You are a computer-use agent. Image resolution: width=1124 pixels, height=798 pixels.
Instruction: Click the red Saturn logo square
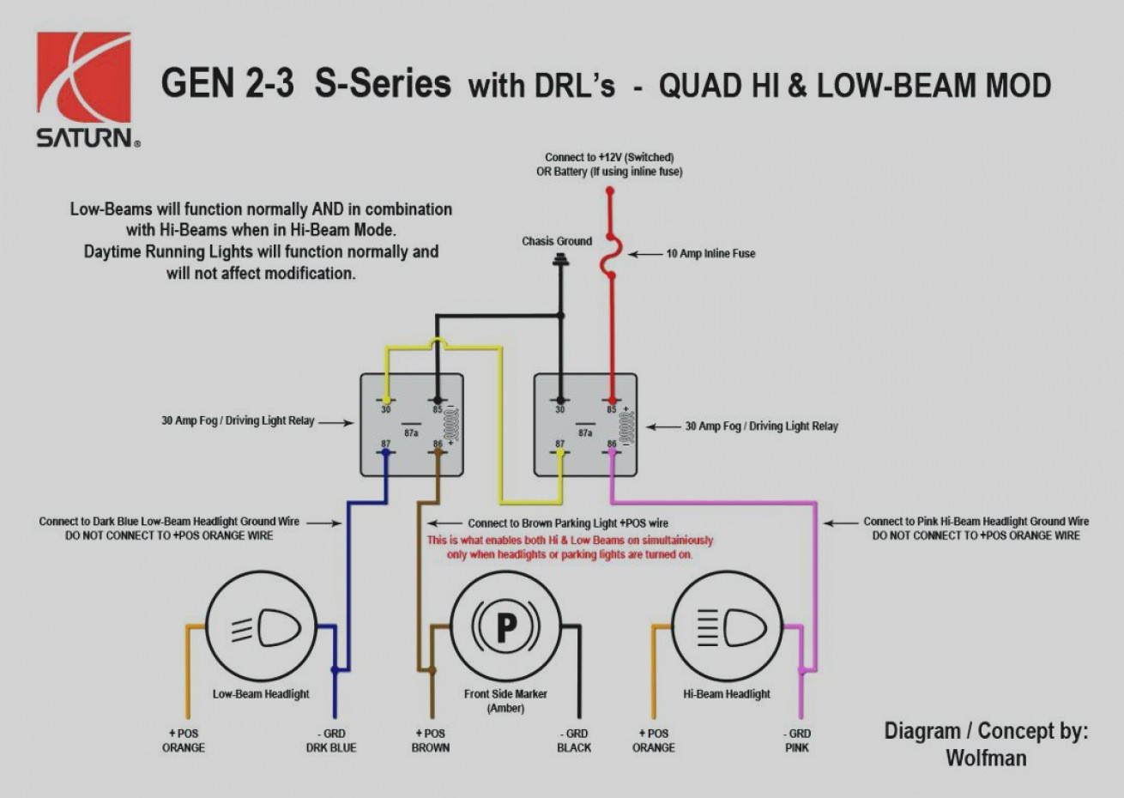[84, 78]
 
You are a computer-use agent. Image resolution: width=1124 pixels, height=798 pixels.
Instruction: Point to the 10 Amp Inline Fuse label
[710, 254]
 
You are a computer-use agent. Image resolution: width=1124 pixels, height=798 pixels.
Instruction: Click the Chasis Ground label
[557, 241]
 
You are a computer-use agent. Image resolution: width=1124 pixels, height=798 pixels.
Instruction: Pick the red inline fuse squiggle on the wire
[611, 255]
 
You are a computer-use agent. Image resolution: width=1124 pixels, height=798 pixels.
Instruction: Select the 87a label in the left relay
[412, 433]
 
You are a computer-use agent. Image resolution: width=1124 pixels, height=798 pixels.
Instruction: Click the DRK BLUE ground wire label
[331, 747]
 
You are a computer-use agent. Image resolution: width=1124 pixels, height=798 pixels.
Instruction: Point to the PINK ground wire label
[797, 747]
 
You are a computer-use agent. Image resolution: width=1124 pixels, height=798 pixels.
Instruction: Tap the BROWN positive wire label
[431, 747]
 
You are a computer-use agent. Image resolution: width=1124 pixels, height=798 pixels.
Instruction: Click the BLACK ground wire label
[574, 747]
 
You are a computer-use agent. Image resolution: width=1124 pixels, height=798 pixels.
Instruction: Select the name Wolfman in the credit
[986, 759]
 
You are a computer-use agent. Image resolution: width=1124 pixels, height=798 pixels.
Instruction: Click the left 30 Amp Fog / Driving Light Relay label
[238, 421]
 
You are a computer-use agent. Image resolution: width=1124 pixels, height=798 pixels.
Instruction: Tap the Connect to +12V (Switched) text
[609, 157]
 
